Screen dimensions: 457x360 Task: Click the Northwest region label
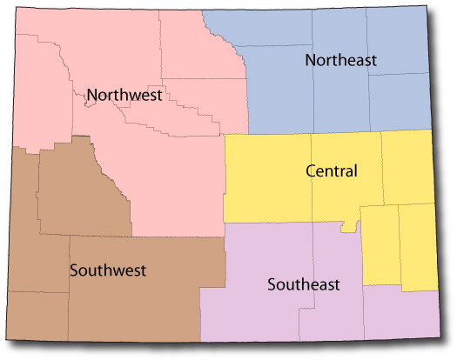124,95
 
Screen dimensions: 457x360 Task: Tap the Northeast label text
340,60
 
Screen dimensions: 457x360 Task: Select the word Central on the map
332,171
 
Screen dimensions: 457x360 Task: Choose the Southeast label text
304,284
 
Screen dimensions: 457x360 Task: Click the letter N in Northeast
310,60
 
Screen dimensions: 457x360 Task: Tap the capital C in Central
312,171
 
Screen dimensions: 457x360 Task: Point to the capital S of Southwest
74,269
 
